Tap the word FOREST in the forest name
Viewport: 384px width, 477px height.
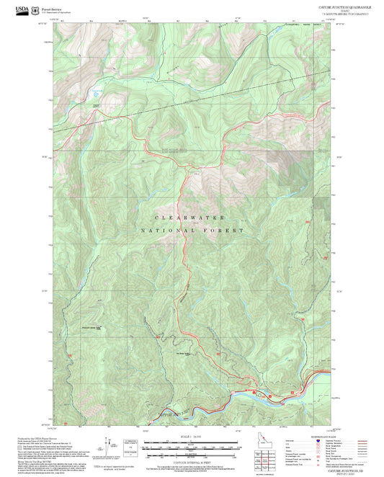227,231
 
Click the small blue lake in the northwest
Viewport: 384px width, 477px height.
97,93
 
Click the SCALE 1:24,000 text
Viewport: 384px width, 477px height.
189,435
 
